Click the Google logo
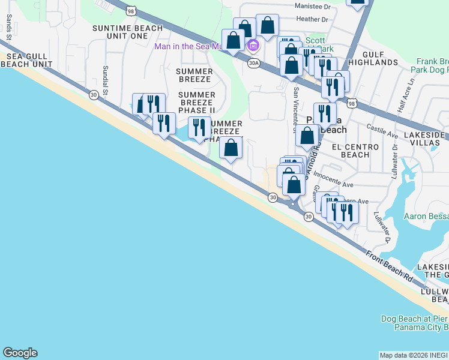click(x=20, y=353)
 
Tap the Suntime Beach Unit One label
click(x=128, y=32)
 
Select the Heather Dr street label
click(x=312, y=19)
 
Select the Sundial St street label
click(x=106, y=80)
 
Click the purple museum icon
click(x=253, y=46)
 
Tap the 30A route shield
click(x=253, y=62)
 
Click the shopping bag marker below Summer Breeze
click(x=231, y=148)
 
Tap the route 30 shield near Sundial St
click(x=93, y=94)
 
